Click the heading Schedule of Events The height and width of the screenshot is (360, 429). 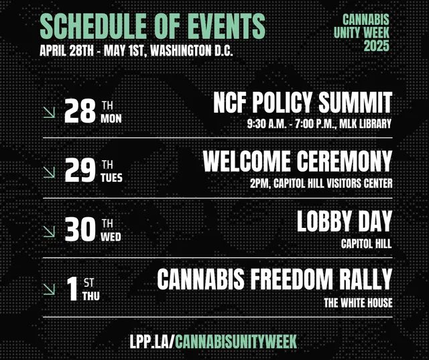click(152, 26)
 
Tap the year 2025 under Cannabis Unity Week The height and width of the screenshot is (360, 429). click(376, 46)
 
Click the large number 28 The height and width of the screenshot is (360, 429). click(80, 111)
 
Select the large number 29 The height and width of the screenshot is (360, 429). click(80, 171)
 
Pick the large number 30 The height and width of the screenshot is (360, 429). click(80, 229)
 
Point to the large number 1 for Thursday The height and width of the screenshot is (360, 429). click(72, 289)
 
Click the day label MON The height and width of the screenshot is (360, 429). click(111, 119)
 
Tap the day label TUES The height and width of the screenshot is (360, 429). click(111, 178)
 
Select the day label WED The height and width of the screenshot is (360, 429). click(111, 237)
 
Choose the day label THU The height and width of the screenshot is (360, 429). click(91, 296)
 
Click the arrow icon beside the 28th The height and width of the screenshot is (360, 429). click(49, 112)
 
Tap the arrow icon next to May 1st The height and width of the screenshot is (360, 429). click(49, 290)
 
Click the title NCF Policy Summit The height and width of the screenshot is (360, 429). click(302, 103)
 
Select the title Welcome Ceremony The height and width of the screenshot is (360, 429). click(298, 161)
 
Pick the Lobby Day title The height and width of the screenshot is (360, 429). click(345, 221)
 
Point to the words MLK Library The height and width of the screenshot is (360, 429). click(365, 124)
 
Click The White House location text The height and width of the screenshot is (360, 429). click(358, 303)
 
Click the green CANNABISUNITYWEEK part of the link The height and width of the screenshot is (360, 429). click(235, 341)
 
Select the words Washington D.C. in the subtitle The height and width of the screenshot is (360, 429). click(192, 50)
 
